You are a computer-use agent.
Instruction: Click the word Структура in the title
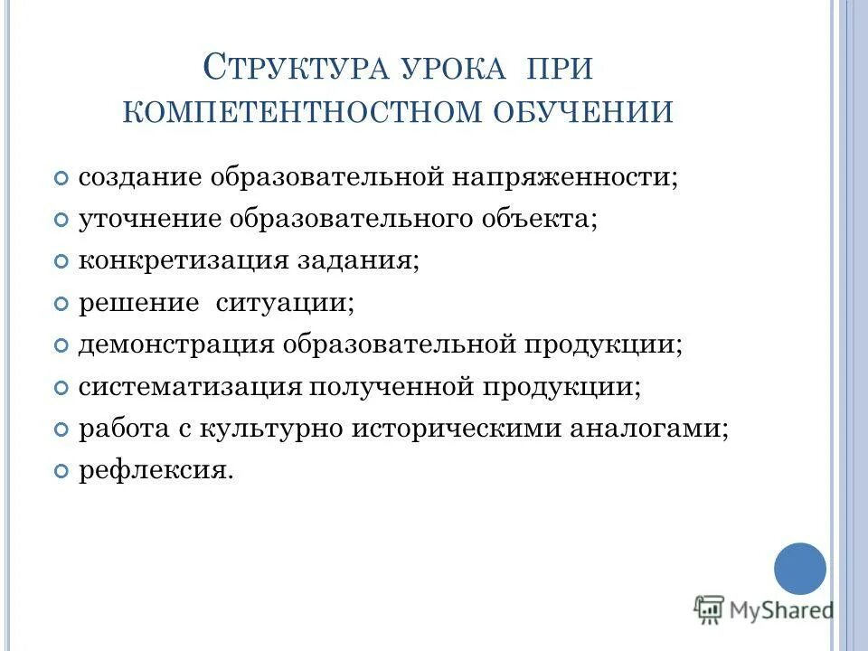click(x=291, y=68)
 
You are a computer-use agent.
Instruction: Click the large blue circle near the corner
click(x=800, y=569)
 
